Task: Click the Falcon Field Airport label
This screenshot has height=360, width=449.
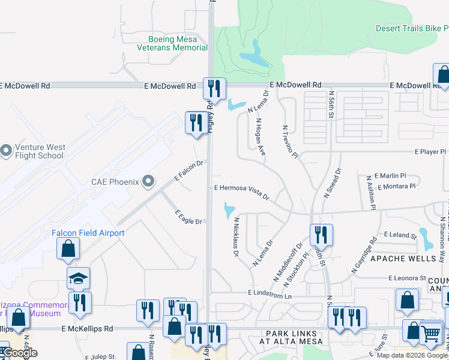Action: coord(88,233)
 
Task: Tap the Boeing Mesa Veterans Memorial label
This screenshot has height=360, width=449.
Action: coord(172,43)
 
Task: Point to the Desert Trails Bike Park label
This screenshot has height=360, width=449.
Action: coord(412,28)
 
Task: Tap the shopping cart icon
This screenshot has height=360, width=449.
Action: coord(431,333)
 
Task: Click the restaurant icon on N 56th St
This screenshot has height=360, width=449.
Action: coord(321,236)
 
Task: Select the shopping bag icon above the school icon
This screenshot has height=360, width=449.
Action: coord(68,248)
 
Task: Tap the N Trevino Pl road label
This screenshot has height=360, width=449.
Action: coord(290,143)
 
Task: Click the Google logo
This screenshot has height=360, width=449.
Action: coord(20,353)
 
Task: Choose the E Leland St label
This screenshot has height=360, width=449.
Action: coord(400,235)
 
